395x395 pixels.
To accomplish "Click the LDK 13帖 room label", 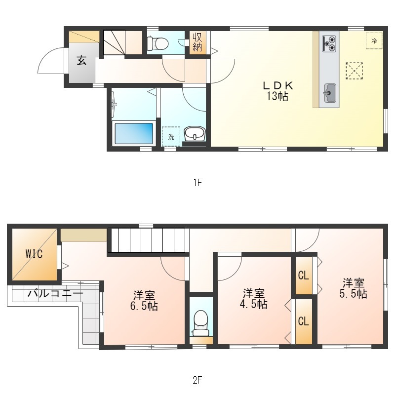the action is pyautogui.click(x=278, y=91).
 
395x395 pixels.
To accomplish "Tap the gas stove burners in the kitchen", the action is pyautogui.click(x=329, y=43).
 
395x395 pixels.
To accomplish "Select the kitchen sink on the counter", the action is pyautogui.click(x=329, y=93).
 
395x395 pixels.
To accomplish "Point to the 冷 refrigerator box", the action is pyautogui.click(x=374, y=41).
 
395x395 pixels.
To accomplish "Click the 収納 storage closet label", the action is pyautogui.click(x=197, y=42).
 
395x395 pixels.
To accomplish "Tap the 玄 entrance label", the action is pyautogui.click(x=81, y=60).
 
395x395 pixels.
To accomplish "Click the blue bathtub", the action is pyautogui.click(x=134, y=133).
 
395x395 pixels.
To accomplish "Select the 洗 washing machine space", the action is pyautogui.click(x=171, y=137).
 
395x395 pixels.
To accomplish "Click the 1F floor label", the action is pyautogui.click(x=198, y=182).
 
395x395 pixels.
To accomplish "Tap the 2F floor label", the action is pyautogui.click(x=197, y=380).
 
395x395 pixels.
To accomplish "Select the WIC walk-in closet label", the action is pyautogui.click(x=34, y=254).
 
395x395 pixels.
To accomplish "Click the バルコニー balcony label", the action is pyautogui.click(x=55, y=293).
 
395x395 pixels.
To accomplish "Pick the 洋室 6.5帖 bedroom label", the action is pyautogui.click(x=144, y=301).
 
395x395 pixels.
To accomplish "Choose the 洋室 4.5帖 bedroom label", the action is pyautogui.click(x=254, y=299).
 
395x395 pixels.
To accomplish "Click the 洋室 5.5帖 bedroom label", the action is pyautogui.click(x=353, y=288).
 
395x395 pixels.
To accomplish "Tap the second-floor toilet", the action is pyautogui.click(x=200, y=323).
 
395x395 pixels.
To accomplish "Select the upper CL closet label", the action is pyautogui.click(x=303, y=276).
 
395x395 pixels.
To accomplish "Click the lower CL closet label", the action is pyautogui.click(x=303, y=321).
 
